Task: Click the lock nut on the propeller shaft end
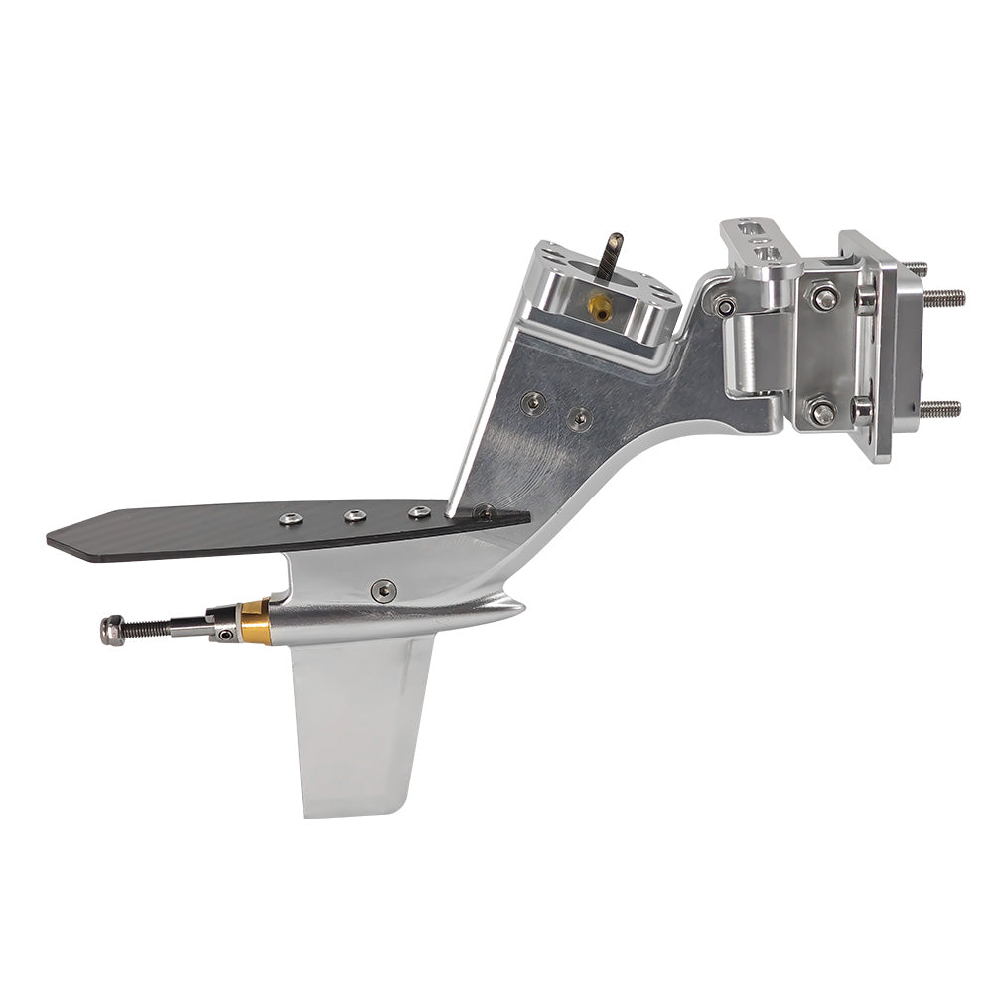pyautogui.click(x=113, y=631)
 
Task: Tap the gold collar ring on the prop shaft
pyautogui.click(x=256, y=622)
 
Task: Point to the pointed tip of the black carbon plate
pyautogui.click(x=52, y=539)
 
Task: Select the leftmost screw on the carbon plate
pyautogui.click(x=291, y=518)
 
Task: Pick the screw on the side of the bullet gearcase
pyautogui.click(x=383, y=591)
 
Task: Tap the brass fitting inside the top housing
pyautogui.click(x=600, y=308)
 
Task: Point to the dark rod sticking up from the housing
pyautogui.click(x=610, y=256)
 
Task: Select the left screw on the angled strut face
pyautogui.click(x=534, y=401)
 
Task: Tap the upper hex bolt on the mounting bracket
pyautogui.click(x=823, y=296)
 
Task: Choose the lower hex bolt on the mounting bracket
pyautogui.click(x=821, y=411)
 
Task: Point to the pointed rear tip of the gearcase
pyautogui.click(x=521, y=605)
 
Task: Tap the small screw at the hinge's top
pyautogui.click(x=727, y=306)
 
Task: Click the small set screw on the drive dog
pyautogui.click(x=228, y=634)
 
